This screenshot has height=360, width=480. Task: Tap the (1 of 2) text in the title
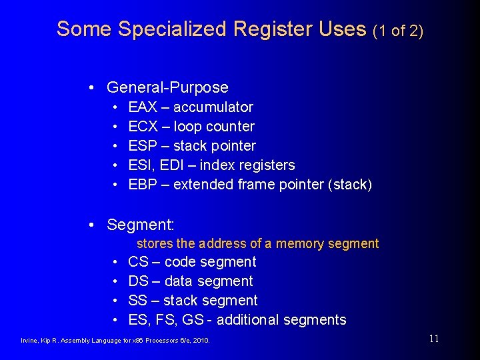397,30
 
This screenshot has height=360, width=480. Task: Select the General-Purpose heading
167,87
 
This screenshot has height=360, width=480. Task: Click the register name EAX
143,107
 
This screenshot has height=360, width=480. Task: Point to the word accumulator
213,107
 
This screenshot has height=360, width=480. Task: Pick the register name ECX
143,127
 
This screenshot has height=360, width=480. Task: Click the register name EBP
143,185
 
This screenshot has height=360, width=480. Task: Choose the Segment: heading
140,225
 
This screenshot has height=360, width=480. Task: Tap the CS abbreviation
138,262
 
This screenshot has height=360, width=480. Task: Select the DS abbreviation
138,281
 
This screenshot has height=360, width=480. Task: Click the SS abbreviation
138,301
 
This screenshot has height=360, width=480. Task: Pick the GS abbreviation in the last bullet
193,320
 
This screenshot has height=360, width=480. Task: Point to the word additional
248,320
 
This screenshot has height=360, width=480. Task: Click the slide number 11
434,339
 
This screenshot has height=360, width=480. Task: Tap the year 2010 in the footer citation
201,341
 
